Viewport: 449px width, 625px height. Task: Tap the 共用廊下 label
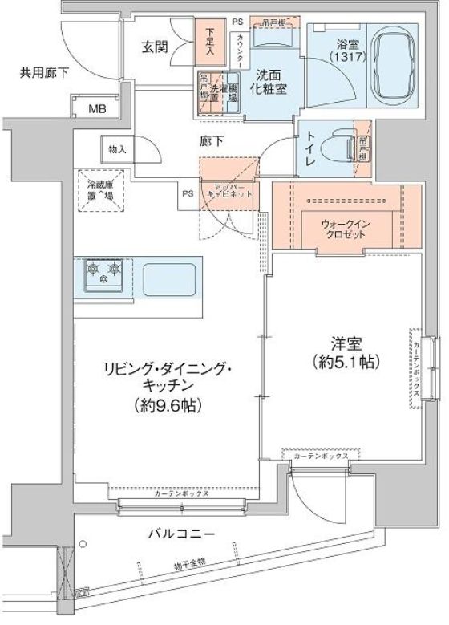44,73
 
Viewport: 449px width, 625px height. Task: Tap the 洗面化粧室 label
267,83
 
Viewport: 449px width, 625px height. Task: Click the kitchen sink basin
169,279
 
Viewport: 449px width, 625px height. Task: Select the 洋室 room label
345,343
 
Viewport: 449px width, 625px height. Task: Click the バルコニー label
180,534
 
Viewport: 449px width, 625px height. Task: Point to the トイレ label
310,148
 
